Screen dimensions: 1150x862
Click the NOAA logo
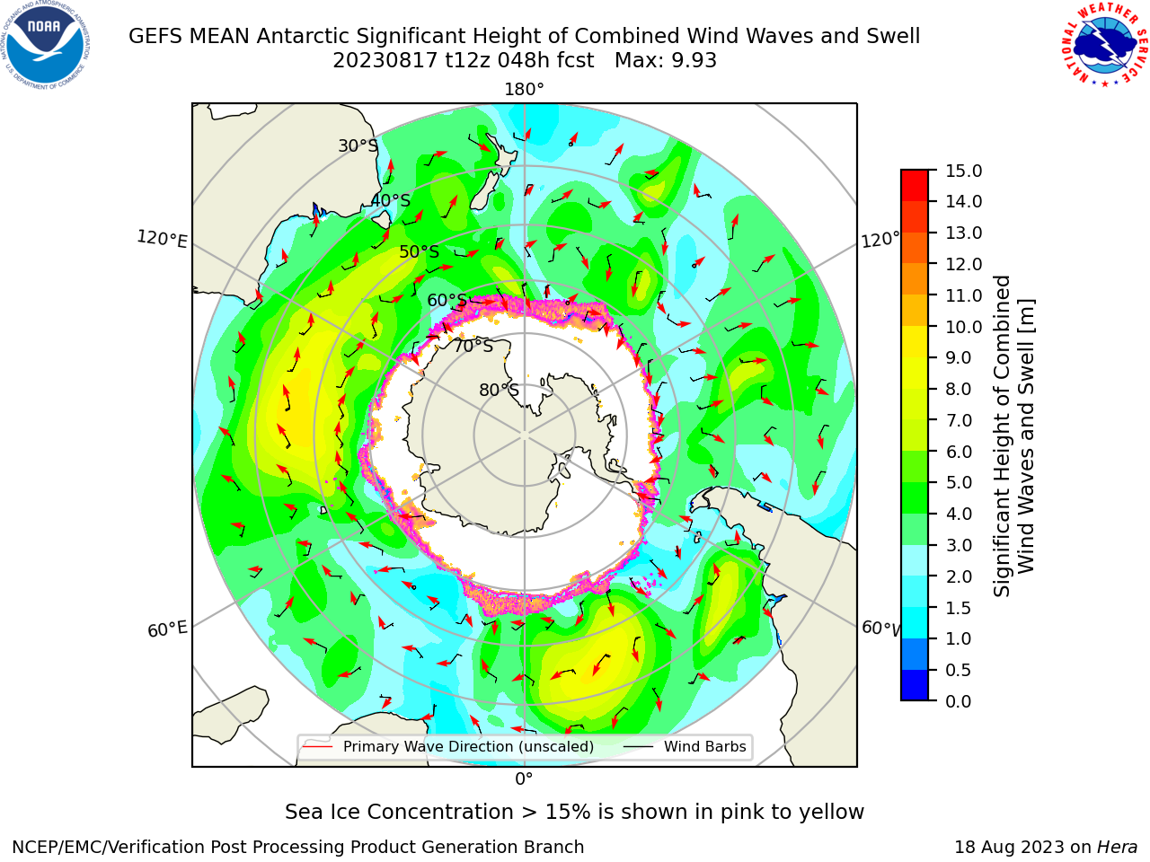(46, 45)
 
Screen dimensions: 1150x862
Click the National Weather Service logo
(1104, 45)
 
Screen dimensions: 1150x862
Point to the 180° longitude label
(524, 90)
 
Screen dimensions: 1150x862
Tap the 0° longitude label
(524, 779)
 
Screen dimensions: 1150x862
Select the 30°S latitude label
(358, 145)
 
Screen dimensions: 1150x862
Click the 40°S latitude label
(391, 200)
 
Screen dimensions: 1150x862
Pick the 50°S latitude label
(420, 251)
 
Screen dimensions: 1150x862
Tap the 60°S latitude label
(447, 300)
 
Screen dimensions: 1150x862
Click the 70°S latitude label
(473, 346)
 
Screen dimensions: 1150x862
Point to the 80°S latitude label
(499, 390)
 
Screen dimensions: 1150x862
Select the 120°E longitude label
(162, 239)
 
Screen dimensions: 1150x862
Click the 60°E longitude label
(167, 629)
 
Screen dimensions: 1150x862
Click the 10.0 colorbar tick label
(963, 327)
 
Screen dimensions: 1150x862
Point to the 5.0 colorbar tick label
(959, 482)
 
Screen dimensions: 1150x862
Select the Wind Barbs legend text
(704, 746)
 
